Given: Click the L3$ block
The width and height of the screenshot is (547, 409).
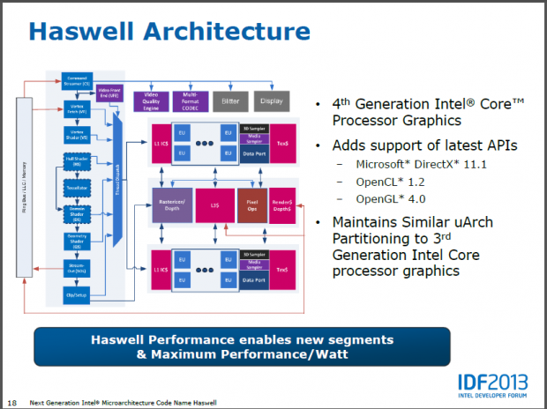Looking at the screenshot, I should click(215, 203).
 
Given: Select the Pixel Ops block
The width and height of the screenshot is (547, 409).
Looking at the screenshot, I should click(251, 203).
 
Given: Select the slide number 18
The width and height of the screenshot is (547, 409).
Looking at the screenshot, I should click(11, 402).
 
